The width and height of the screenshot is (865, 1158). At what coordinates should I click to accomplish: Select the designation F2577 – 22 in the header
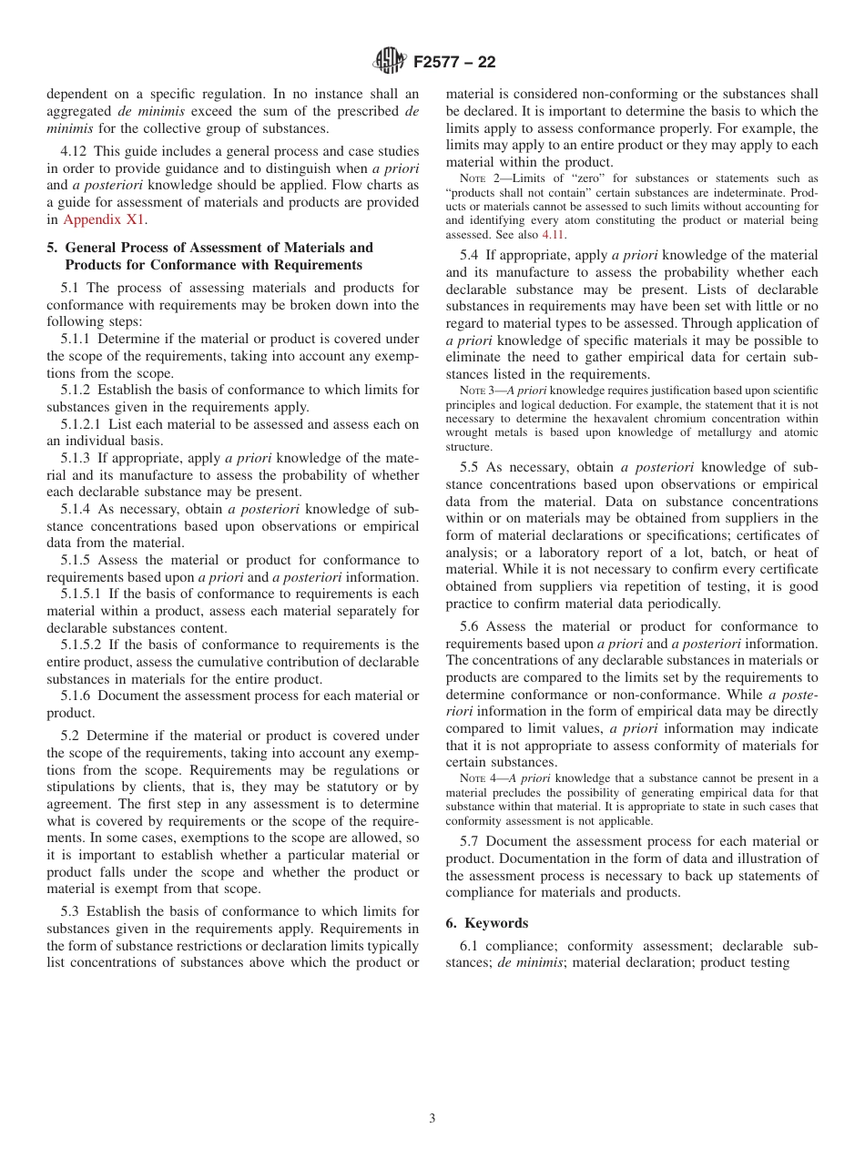coord(454,63)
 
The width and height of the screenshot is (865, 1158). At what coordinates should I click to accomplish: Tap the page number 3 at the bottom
coord(432,1119)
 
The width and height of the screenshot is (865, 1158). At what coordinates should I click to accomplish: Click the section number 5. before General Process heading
coord(52,248)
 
